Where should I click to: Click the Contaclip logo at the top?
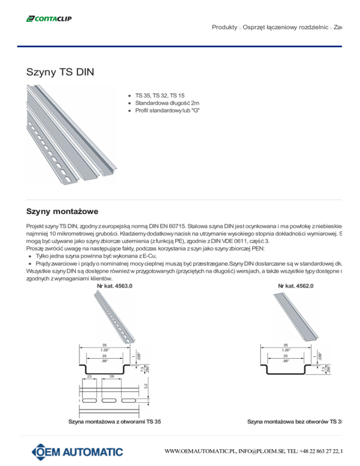[x=49, y=19]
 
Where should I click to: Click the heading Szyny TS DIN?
[x=60, y=73]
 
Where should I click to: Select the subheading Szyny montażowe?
[x=62, y=212]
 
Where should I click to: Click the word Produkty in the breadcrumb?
[x=224, y=28]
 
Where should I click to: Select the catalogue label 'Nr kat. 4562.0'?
[x=296, y=286]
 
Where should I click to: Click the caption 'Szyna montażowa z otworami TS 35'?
[x=115, y=422]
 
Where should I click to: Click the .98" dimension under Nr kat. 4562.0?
[x=285, y=361]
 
